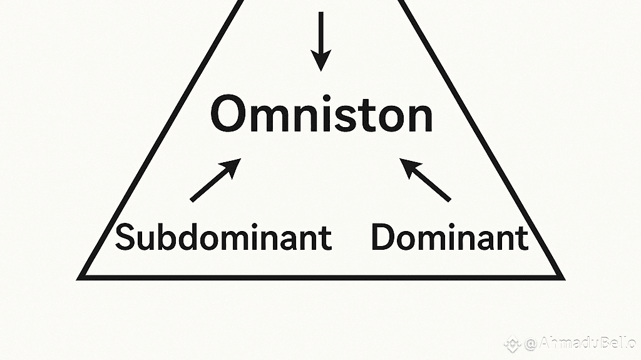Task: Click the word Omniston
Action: point(321,115)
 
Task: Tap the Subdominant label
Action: point(223,239)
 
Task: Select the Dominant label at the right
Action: point(449,239)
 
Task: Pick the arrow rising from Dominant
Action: point(426,180)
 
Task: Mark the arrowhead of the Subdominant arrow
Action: point(233,165)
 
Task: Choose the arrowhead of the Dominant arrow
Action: point(408,165)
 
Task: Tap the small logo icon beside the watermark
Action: point(513,343)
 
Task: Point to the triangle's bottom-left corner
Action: point(81,277)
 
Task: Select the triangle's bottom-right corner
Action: point(561,277)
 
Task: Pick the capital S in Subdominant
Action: point(125,239)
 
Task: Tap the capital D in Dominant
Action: point(384,239)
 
